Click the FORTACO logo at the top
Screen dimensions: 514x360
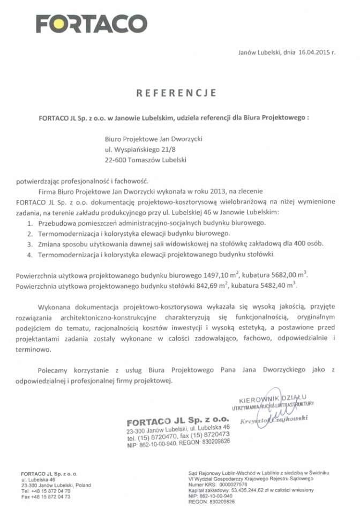[x=92, y=24]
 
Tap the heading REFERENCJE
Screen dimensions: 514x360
[x=176, y=93]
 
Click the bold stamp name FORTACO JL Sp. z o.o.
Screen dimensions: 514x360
[x=170, y=421]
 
